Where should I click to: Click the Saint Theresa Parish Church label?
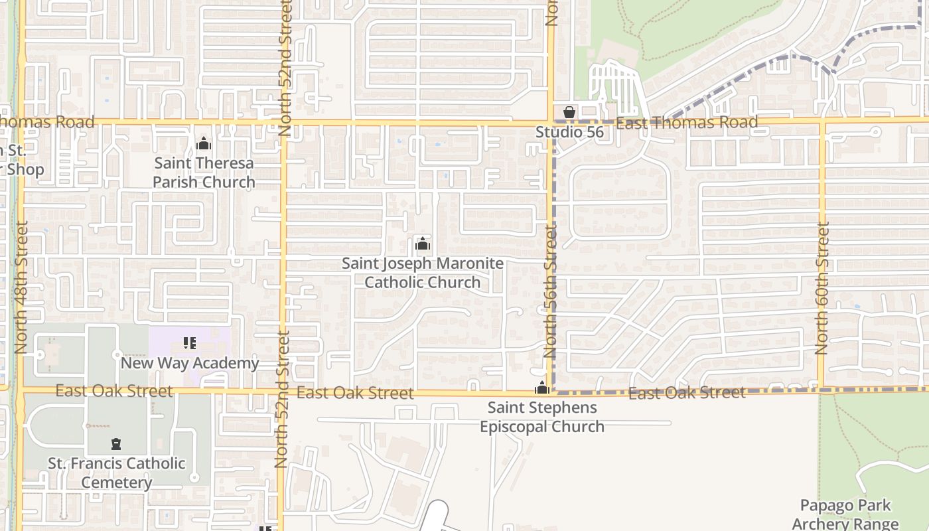[x=204, y=173]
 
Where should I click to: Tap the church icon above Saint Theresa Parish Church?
[x=204, y=143]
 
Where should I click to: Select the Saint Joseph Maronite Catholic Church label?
[x=423, y=273]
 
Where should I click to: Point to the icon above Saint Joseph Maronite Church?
[x=423, y=244]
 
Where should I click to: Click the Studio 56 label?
[x=570, y=132]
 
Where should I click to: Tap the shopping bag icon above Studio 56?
[x=569, y=113]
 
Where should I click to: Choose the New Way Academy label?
[x=190, y=363]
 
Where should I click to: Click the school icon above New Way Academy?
[x=190, y=343]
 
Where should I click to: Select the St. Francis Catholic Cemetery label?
[x=117, y=473]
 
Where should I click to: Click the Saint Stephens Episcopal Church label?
[x=542, y=417]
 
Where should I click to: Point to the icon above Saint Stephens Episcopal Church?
[x=542, y=388]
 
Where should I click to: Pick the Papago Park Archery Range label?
[x=845, y=514]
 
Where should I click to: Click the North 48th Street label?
[x=21, y=287]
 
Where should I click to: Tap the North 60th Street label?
[x=822, y=287]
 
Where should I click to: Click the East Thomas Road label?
[x=687, y=122]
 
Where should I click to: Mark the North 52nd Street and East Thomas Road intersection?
[x=284, y=123]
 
